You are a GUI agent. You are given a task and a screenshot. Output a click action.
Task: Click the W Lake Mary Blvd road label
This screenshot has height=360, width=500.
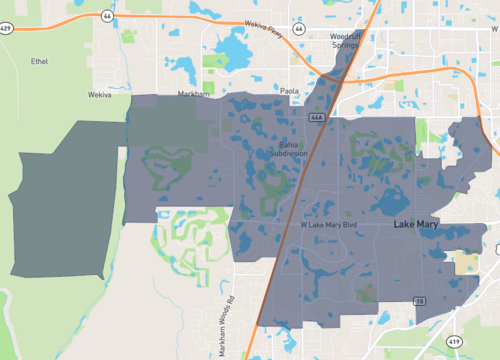point(329,225)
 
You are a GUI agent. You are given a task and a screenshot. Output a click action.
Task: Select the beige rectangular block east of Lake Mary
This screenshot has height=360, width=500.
point(467,263)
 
